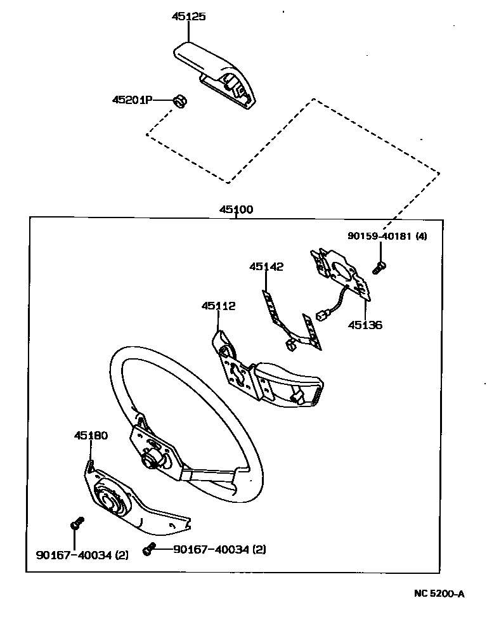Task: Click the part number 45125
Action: (x=188, y=17)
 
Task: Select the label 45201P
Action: (x=132, y=100)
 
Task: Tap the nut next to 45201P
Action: (x=180, y=101)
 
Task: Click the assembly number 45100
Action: (x=237, y=209)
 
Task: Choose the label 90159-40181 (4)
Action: (x=387, y=236)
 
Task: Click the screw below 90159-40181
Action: (x=379, y=267)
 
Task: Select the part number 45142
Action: (x=266, y=267)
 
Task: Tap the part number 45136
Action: (x=365, y=325)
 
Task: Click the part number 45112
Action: (x=219, y=306)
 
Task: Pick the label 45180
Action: (x=91, y=436)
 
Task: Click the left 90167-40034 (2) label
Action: (x=82, y=555)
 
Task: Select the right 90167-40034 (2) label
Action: (x=219, y=549)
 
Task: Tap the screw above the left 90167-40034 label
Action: (x=76, y=523)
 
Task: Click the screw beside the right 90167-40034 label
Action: (x=150, y=550)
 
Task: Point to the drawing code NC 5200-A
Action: (x=439, y=594)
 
